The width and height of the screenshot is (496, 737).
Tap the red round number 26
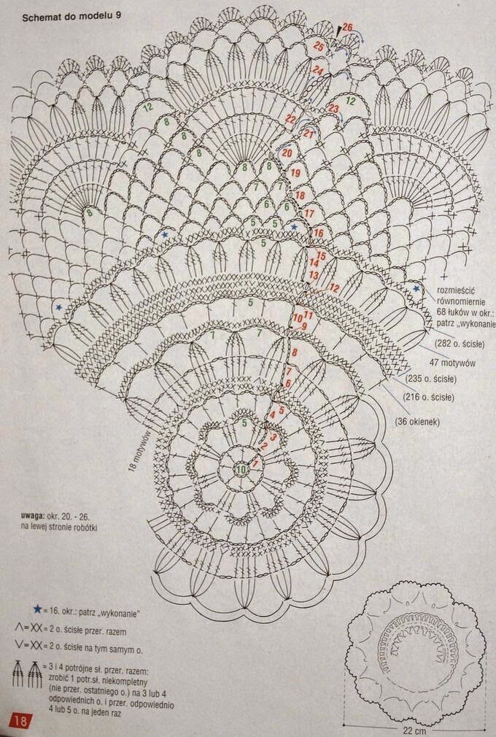(x=348, y=28)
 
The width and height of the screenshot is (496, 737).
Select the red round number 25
(x=319, y=46)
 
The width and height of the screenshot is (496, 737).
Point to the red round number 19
(x=295, y=174)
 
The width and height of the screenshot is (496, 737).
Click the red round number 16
(x=318, y=233)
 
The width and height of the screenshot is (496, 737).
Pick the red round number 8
(x=294, y=353)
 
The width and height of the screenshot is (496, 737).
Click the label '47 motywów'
(x=453, y=363)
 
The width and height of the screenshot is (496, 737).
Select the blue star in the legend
(x=36, y=609)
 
